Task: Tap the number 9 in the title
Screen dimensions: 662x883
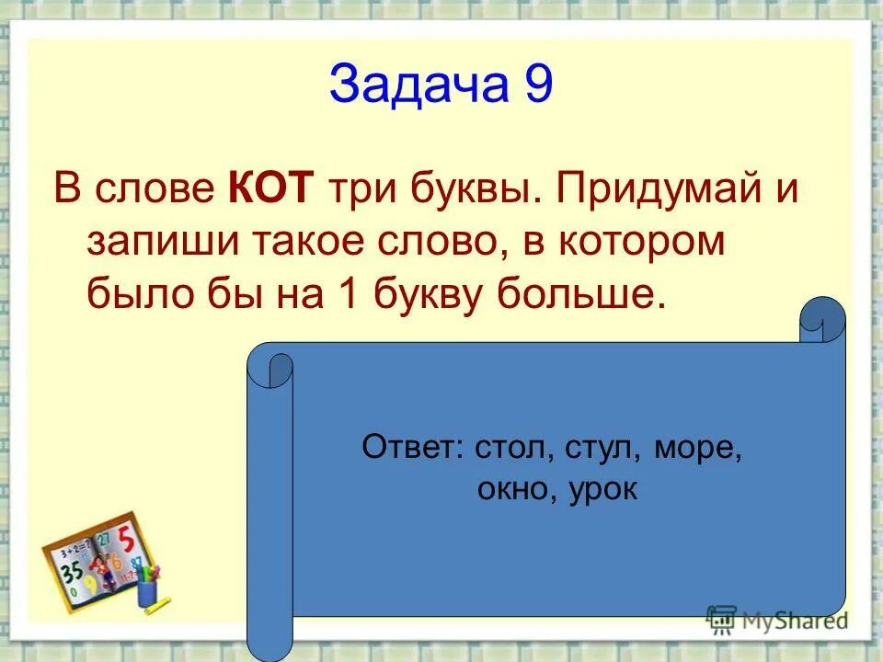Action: [538, 85]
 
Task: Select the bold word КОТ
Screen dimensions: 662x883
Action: [270, 189]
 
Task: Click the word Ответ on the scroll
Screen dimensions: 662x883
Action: [413, 448]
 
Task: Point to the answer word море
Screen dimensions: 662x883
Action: [698, 448]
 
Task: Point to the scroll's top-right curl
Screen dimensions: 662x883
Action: [821, 318]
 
